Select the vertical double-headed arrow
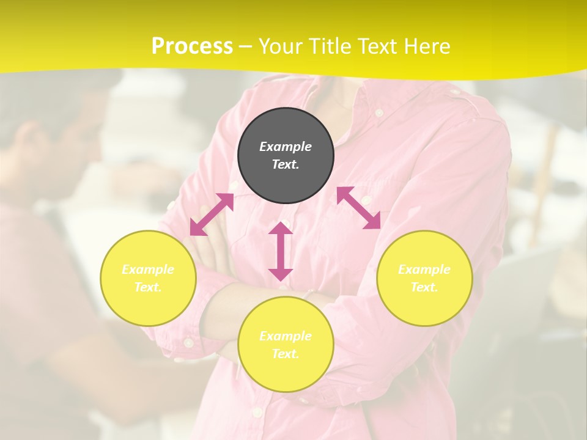tap(281, 251)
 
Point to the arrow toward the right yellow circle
tap(359, 208)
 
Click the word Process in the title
tap(192, 46)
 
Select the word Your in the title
tap(281, 46)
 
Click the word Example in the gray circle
tap(286, 147)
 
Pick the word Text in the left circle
tap(148, 287)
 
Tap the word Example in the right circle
tap(424, 269)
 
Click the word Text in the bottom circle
tap(286, 354)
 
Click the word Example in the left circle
tap(148, 269)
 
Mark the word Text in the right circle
tap(424, 287)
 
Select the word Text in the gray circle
tap(286, 164)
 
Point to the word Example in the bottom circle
tap(286, 336)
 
